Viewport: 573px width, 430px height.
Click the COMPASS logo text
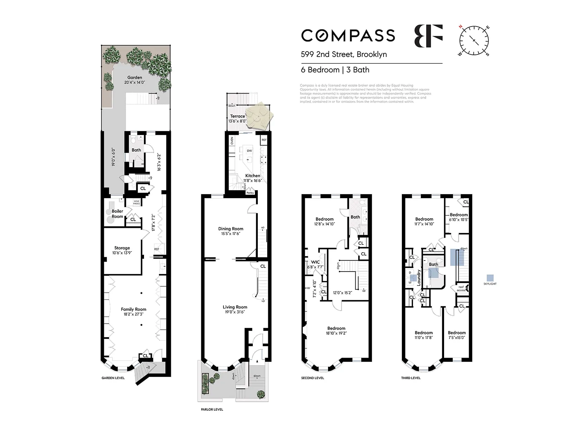click(x=348, y=35)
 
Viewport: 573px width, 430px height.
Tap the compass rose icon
click(x=474, y=40)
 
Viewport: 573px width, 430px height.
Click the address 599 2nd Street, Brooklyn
click(x=344, y=54)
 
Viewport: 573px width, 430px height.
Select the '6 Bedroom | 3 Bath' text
click(x=335, y=70)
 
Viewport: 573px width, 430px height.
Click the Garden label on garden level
click(x=135, y=77)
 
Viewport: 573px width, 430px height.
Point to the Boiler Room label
click(x=117, y=214)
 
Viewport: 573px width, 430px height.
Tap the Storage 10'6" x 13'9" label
click(x=122, y=250)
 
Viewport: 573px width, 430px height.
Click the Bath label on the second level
click(x=355, y=217)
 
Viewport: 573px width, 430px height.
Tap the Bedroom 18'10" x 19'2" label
click(x=336, y=330)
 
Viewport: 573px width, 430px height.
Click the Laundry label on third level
click(x=419, y=277)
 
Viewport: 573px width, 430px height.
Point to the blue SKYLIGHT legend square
click(x=490, y=278)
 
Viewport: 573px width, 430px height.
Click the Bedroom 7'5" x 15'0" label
click(x=457, y=335)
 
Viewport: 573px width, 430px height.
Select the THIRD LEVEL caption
click(x=411, y=378)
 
